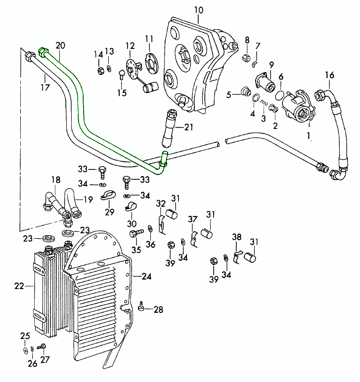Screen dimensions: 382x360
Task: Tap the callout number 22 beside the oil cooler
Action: click(x=19, y=285)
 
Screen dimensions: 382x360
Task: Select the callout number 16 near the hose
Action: click(x=330, y=75)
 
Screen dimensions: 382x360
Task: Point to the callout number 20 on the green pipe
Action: click(x=60, y=45)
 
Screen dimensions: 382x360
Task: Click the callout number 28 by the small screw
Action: click(x=158, y=310)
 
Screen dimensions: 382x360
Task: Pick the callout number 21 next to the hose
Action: click(x=188, y=127)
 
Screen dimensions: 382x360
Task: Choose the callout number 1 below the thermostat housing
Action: click(x=309, y=134)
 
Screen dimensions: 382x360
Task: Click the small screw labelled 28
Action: click(x=142, y=308)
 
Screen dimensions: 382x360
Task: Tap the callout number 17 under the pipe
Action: click(x=45, y=88)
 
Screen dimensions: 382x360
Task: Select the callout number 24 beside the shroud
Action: click(x=146, y=276)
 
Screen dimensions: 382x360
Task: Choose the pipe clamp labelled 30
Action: click(x=131, y=204)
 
